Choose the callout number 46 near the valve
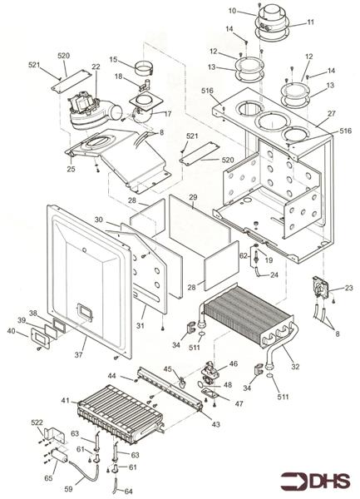click(x=234, y=363)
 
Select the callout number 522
click(x=37, y=423)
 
